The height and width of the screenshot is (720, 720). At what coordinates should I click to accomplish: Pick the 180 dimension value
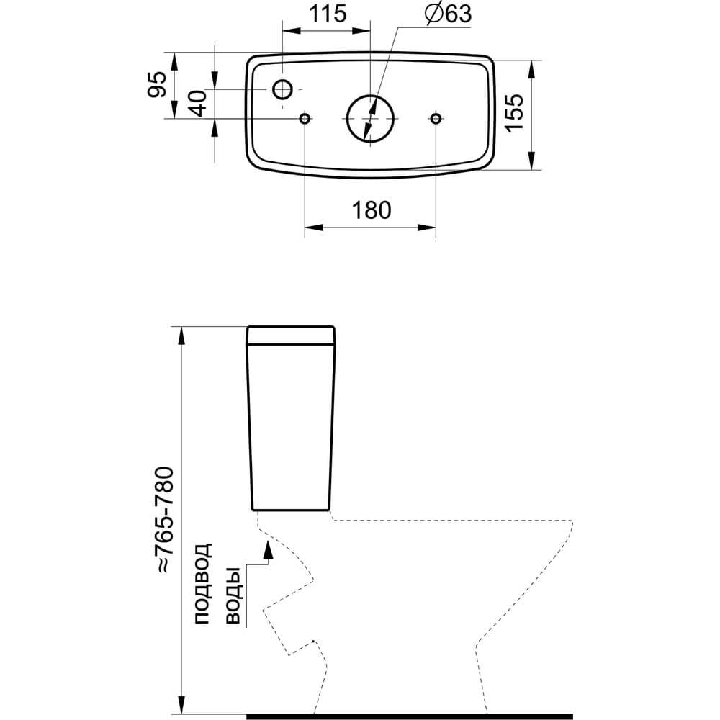coord(371,210)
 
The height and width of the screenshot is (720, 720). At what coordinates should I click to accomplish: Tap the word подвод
coord(204,582)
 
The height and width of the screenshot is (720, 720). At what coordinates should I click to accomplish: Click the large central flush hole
coord(371,117)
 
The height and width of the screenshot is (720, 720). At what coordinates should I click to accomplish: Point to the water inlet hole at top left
coord(283,89)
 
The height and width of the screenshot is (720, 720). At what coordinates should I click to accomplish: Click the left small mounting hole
coord(305,118)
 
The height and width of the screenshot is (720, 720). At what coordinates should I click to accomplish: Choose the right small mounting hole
coord(436,118)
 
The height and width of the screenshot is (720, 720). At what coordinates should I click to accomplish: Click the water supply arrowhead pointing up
coord(268,551)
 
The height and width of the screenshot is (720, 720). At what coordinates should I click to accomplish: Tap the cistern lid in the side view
coord(292,336)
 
